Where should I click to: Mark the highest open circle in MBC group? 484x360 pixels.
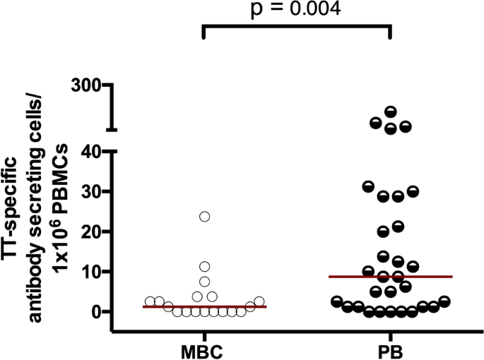(x=205, y=217)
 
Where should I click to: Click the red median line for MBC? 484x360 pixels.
(x=204, y=306)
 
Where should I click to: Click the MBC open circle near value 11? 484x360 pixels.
(x=205, y=267)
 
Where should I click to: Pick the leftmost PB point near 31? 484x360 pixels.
(x=367, y=186)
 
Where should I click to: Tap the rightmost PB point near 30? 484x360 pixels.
(x=413, y=191)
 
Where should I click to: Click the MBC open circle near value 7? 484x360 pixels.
(x=205, y=282)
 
